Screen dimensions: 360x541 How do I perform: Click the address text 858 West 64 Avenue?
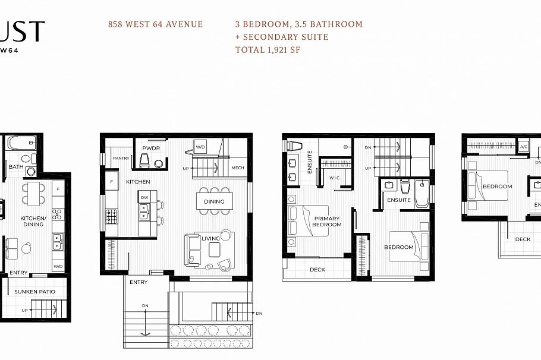point(155,24)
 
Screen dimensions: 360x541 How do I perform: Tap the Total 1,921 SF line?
point(268,49)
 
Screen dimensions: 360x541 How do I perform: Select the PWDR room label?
point(149,148)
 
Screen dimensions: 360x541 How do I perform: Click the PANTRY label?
point(121,158)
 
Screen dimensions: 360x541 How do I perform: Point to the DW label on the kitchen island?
point(144,197)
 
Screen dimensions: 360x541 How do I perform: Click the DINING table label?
point(214,201)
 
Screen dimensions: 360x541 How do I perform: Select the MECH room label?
point(238,168)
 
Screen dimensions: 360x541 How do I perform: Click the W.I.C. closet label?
point(334,177)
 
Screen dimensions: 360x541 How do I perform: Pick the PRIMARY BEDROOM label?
point(328,221)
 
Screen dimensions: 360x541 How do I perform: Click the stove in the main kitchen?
point(112,216)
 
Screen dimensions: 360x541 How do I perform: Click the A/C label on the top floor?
point(523,146)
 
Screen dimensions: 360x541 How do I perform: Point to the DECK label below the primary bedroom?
point(317,269)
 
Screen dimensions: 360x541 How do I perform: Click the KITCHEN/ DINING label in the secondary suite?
point(33,221)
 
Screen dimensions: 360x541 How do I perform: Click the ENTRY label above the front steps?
point(139,282)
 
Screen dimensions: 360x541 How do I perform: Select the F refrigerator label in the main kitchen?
point(111,180)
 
